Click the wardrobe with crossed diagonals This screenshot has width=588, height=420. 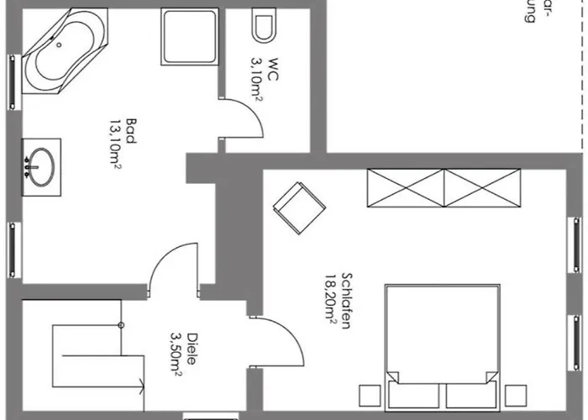(x=444, y=187)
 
